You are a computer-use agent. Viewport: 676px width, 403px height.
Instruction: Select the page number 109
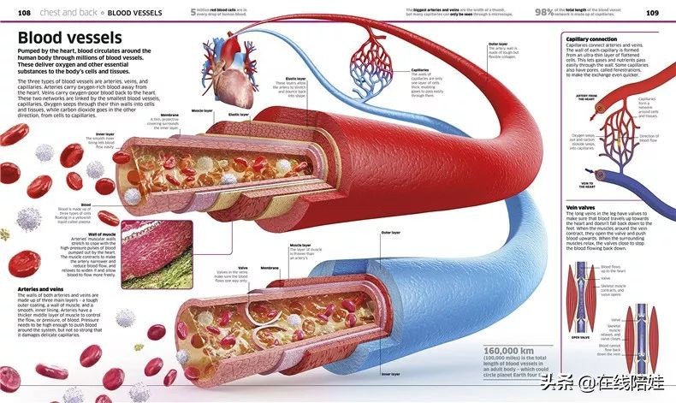pyautogui.click(x=651, y=13)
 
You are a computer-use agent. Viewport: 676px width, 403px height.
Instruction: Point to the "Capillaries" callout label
pyautogui.click(x=420, y=70)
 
